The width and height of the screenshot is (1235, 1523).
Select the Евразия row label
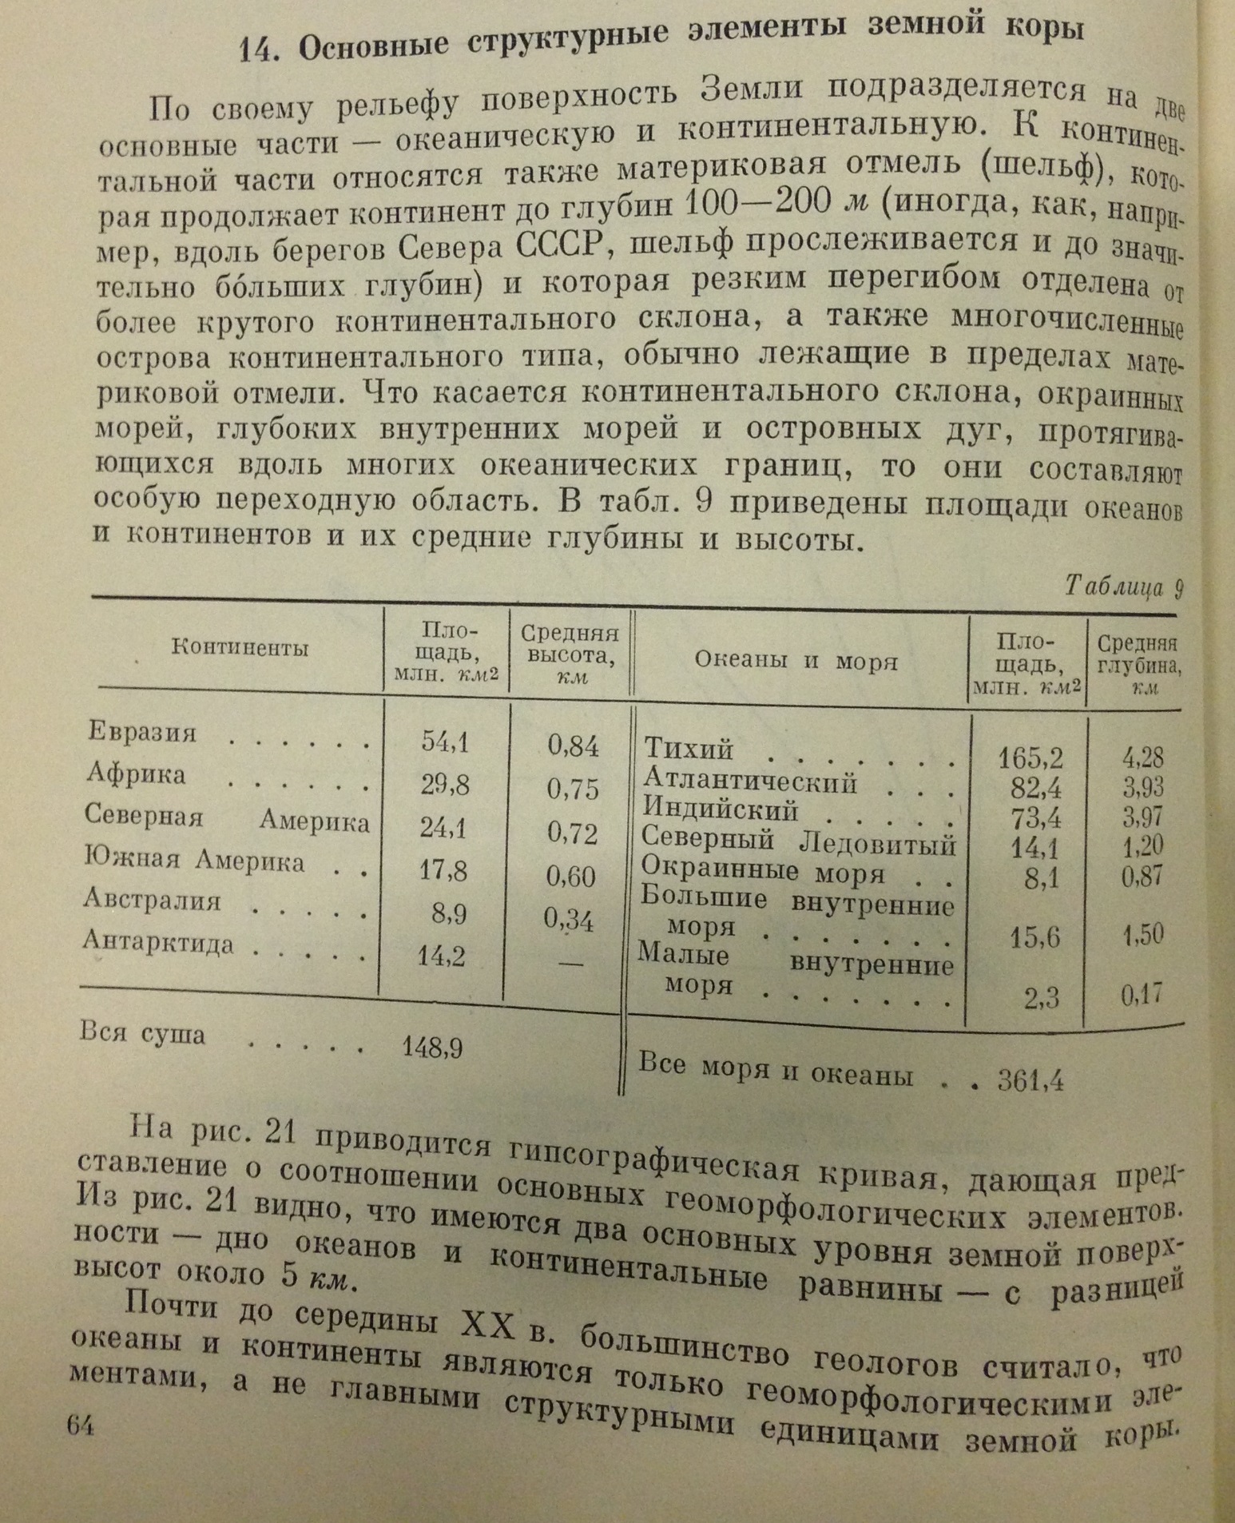[142, 733]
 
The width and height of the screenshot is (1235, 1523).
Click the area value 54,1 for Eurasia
[445, 742]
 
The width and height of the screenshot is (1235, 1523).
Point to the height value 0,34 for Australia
[570, 921]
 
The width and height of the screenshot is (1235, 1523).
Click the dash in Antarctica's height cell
[570, 963]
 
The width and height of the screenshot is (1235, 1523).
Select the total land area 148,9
[432, 1048]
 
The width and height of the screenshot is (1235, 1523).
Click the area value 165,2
[1030, 758]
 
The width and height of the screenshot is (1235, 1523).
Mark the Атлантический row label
[749, 781]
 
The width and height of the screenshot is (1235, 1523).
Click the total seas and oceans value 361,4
[1030, 1081]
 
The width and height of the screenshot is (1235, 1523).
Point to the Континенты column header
[240, 647]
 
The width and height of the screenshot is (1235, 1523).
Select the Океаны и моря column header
[796, 661]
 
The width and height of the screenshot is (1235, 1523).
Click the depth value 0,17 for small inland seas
[1141, 995]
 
